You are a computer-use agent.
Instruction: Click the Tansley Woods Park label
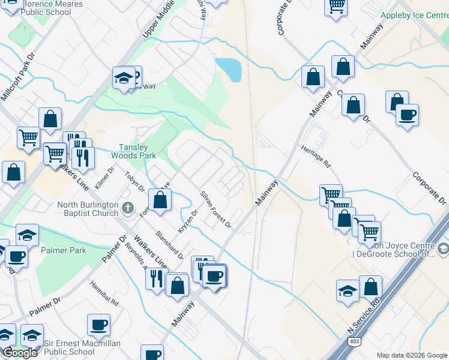tap(129, 151)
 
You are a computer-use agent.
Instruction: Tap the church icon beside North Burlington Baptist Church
tap(127, 208)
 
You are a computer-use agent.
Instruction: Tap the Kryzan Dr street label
tap(188, 222)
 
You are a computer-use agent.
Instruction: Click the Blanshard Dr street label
tap(169, 245)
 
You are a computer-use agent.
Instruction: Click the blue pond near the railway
tap(229, 70)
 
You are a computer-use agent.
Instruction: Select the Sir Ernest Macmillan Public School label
tap(82, 347)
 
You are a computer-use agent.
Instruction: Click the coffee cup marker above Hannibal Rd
tap(98, 326)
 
